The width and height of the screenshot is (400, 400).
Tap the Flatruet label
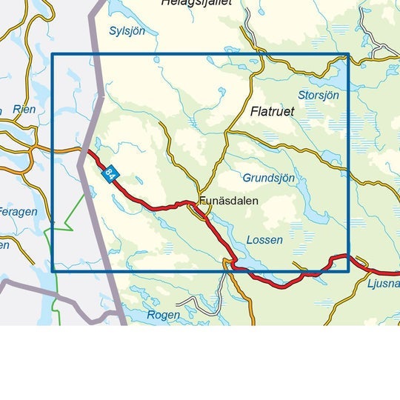pyautogui.click(x=272, y=112)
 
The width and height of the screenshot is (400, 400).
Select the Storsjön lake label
pyautogui.click(x=318, y=96)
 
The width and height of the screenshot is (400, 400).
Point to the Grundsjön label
pyautogui.click(x=268, y=178)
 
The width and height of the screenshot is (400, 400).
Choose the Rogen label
pyautogui.click(x=163, y=315)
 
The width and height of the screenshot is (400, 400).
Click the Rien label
pyautogui.click(x=24, y=110)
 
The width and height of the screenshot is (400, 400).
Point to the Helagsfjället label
pyautogui.click(x=196, y=3)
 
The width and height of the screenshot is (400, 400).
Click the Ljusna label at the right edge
pyautogui.click(x=383, y=284)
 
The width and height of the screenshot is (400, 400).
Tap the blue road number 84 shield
pyautogui.click(x=110, y=174)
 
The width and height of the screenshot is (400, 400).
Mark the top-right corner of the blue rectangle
pyautogui.click(x=348, y=54)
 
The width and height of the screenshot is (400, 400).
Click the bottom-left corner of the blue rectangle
pyautogui.click(x=52, y=270)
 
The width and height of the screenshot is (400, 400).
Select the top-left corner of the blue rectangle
pyautogui.click(x=52, y=54)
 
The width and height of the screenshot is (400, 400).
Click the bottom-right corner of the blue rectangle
pyautogui.click(x=348, y=270)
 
